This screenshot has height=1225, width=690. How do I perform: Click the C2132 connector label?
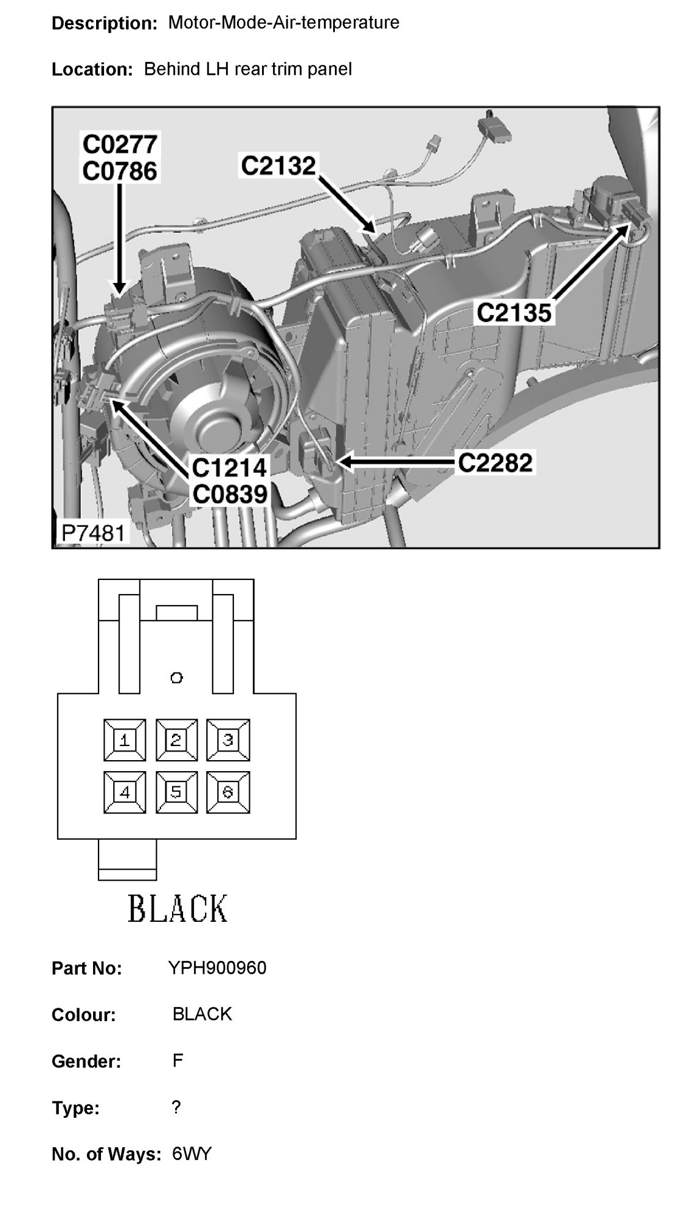click(x=279, y=165)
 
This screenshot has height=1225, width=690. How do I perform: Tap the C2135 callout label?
click(x=514, y=313)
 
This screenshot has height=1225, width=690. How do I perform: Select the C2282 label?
click(x=495, y=462)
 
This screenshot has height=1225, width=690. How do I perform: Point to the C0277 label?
click(x=121, y=145)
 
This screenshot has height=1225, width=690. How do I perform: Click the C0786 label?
click(x=121, y=171)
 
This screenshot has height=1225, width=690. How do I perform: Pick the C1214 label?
click(x=230, y=468)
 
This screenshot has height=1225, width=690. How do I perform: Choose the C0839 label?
click(x=230, y=494)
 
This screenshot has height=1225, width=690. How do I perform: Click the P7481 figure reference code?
click(x=92, y=533)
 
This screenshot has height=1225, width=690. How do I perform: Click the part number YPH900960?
click(x=217, y=968)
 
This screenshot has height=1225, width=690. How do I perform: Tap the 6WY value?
click(x=192, y=1154)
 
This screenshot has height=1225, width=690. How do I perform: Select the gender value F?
click(x=178, y=1061)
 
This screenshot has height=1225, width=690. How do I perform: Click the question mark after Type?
click(x=176, y=1107)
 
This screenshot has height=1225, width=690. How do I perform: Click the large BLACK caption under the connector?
click(x=178, y=908)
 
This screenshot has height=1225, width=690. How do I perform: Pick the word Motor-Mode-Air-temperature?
click(x=283, y=23)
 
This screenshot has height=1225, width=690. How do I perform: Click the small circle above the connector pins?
click(x=177, y=677)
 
